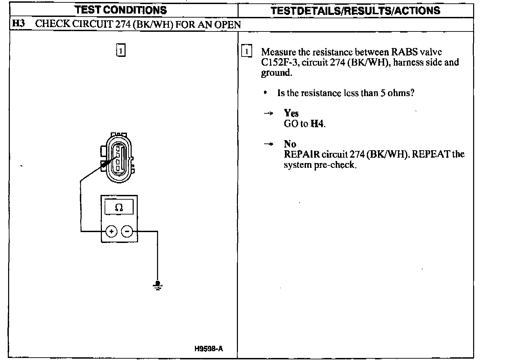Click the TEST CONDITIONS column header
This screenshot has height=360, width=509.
tap(121, 10)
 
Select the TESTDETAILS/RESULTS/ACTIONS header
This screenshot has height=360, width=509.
tap(355, 10)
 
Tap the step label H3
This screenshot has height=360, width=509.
tap(18, 24)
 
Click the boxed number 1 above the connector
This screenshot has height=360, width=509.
tap(120, 50)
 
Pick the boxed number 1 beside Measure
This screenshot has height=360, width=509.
tap(247, 52)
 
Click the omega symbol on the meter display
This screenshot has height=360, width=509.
tap(119, 207)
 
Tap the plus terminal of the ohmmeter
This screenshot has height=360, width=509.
tap(111, 231)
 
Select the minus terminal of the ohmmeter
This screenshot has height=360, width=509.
tap(127, 231)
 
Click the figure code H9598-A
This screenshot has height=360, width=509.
tap(209, 349)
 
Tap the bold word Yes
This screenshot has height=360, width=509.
tap(291, 113)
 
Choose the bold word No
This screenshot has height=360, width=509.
tap(290, 144)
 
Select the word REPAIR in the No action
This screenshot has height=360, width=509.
tap(302, 155)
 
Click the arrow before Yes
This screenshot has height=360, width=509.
tap(268, 114)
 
